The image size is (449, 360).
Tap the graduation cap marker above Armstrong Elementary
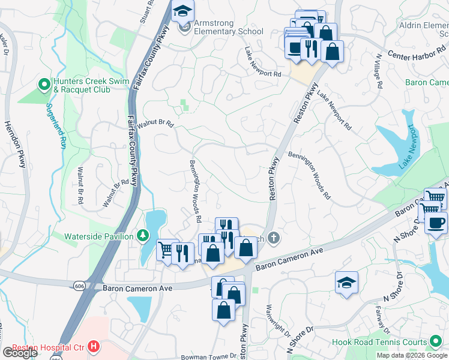pos(182,11)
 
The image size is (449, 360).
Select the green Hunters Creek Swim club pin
pos(43,85)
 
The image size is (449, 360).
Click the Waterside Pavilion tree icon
pos(142,236)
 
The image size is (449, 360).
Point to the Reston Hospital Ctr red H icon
pos(93,346)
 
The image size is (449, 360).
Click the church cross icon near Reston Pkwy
pos(274,238)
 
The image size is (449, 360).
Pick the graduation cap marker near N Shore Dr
pos(346,283)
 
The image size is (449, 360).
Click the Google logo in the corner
pos(20,352)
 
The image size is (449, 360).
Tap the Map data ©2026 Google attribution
pos(411,355)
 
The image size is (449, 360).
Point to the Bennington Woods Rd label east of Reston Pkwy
pos(310,175)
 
